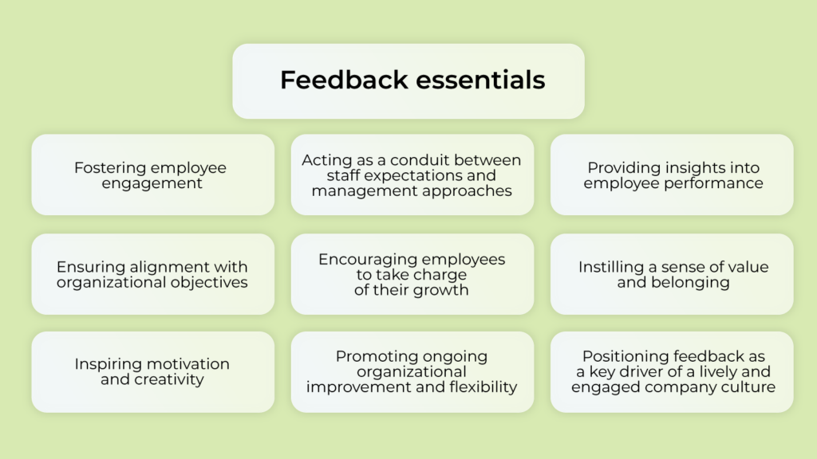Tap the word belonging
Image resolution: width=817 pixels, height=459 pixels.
pos(690,282)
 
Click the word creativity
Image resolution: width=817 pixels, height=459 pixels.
pos(170,379)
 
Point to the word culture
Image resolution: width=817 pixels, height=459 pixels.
pos(749,387)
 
